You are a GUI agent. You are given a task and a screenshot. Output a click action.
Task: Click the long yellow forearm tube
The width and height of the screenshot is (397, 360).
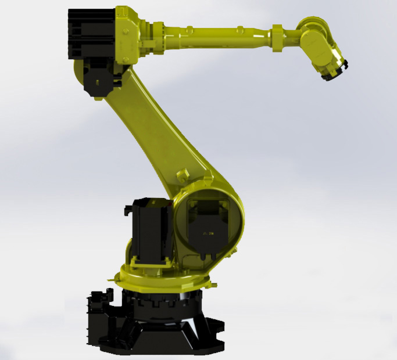(227, 31)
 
